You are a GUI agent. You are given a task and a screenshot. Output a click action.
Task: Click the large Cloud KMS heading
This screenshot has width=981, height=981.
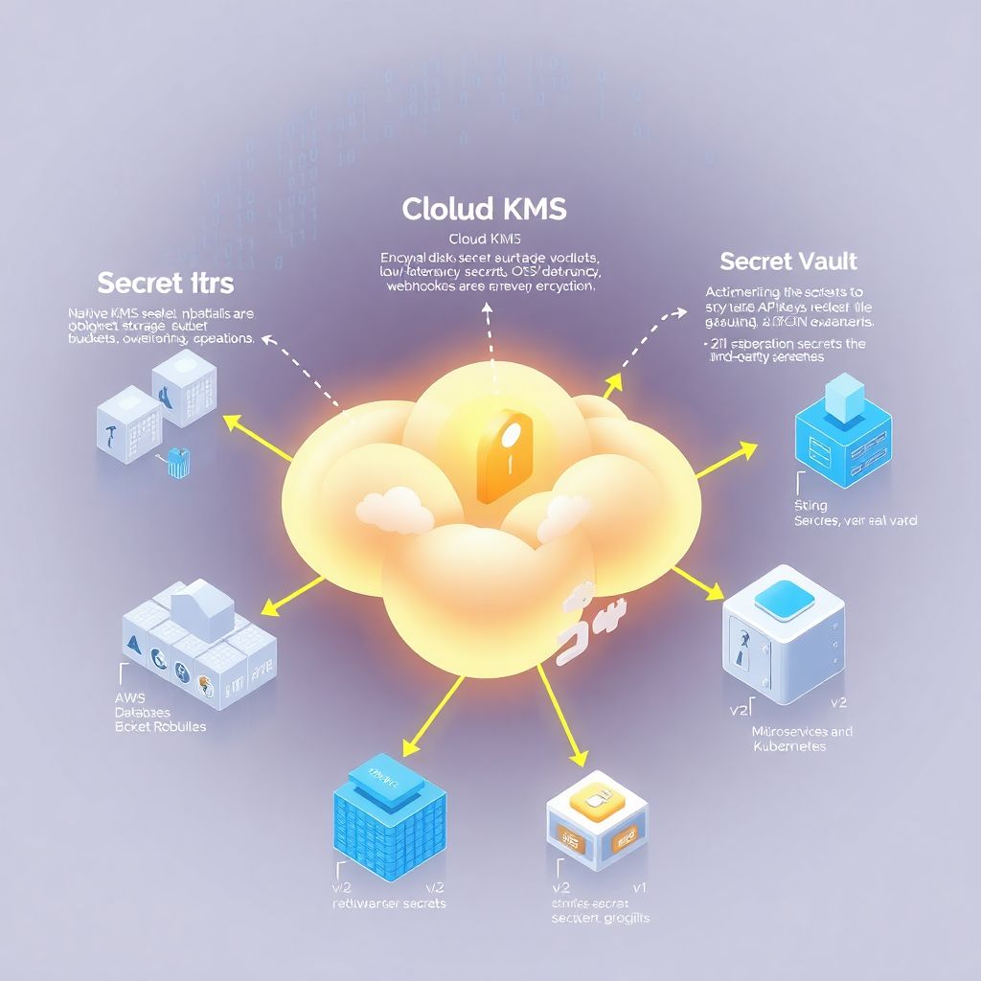[x=484, y=208]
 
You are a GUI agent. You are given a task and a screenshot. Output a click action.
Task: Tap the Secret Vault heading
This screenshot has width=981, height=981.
[x=787, y=261]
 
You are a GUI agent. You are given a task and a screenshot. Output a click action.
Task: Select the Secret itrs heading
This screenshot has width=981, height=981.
[x=166, y=283]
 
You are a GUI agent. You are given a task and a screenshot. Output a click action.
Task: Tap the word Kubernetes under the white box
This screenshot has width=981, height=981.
[x=788, y=746]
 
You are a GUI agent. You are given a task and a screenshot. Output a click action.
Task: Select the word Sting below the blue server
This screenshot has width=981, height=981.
[x=810, y=505]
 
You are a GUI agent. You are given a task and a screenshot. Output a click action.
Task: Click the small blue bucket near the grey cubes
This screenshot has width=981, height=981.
[x=174, y=462]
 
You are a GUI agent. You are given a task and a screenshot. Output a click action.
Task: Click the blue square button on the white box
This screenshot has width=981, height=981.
[x=784, y=599]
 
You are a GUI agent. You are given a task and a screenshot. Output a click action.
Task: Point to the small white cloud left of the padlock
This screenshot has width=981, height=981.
[x=388, y=511]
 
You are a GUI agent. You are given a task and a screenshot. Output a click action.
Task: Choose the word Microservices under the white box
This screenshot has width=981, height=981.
[x=789, y=731]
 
